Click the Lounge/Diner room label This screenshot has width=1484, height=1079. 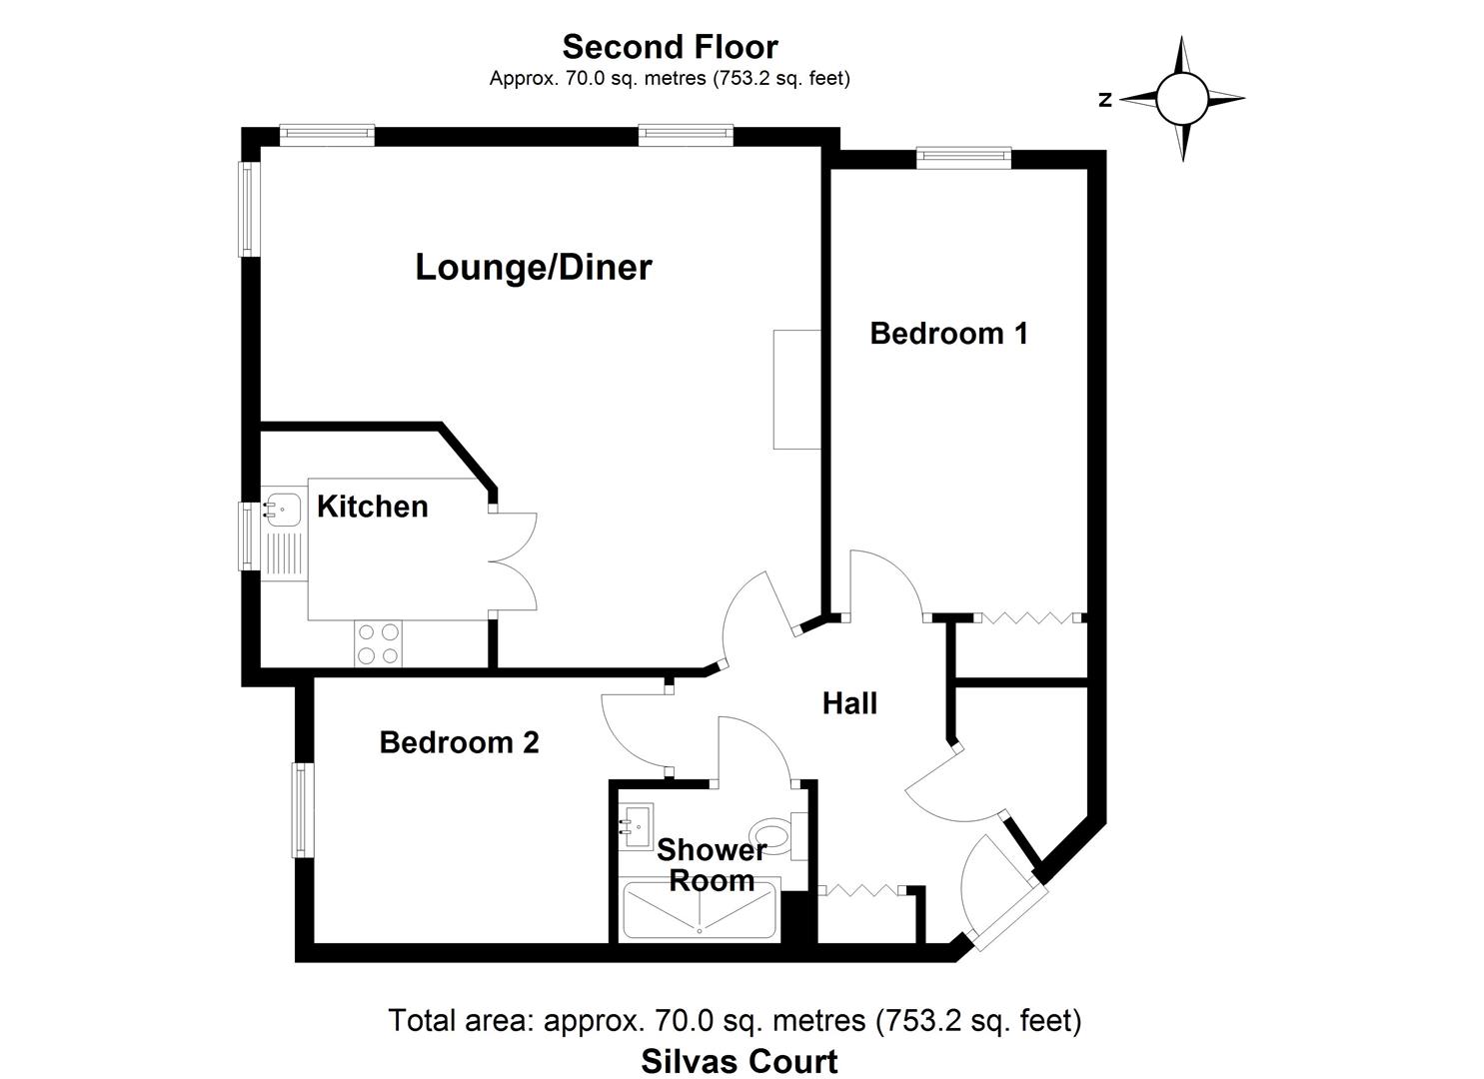533,268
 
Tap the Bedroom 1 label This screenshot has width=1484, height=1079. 948,333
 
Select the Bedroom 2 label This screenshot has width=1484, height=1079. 459,742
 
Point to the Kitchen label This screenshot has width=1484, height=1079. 372,507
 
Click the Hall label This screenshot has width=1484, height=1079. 849,703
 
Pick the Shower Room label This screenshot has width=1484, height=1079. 712,865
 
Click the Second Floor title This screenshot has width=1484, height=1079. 670,47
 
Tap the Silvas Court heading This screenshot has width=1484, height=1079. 739,1060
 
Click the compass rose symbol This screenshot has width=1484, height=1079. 1183,99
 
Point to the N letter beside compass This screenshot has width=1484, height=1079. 1105,100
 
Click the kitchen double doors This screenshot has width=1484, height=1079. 514,560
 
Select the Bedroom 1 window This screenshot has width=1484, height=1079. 964,156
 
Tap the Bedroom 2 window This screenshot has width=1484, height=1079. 302,810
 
